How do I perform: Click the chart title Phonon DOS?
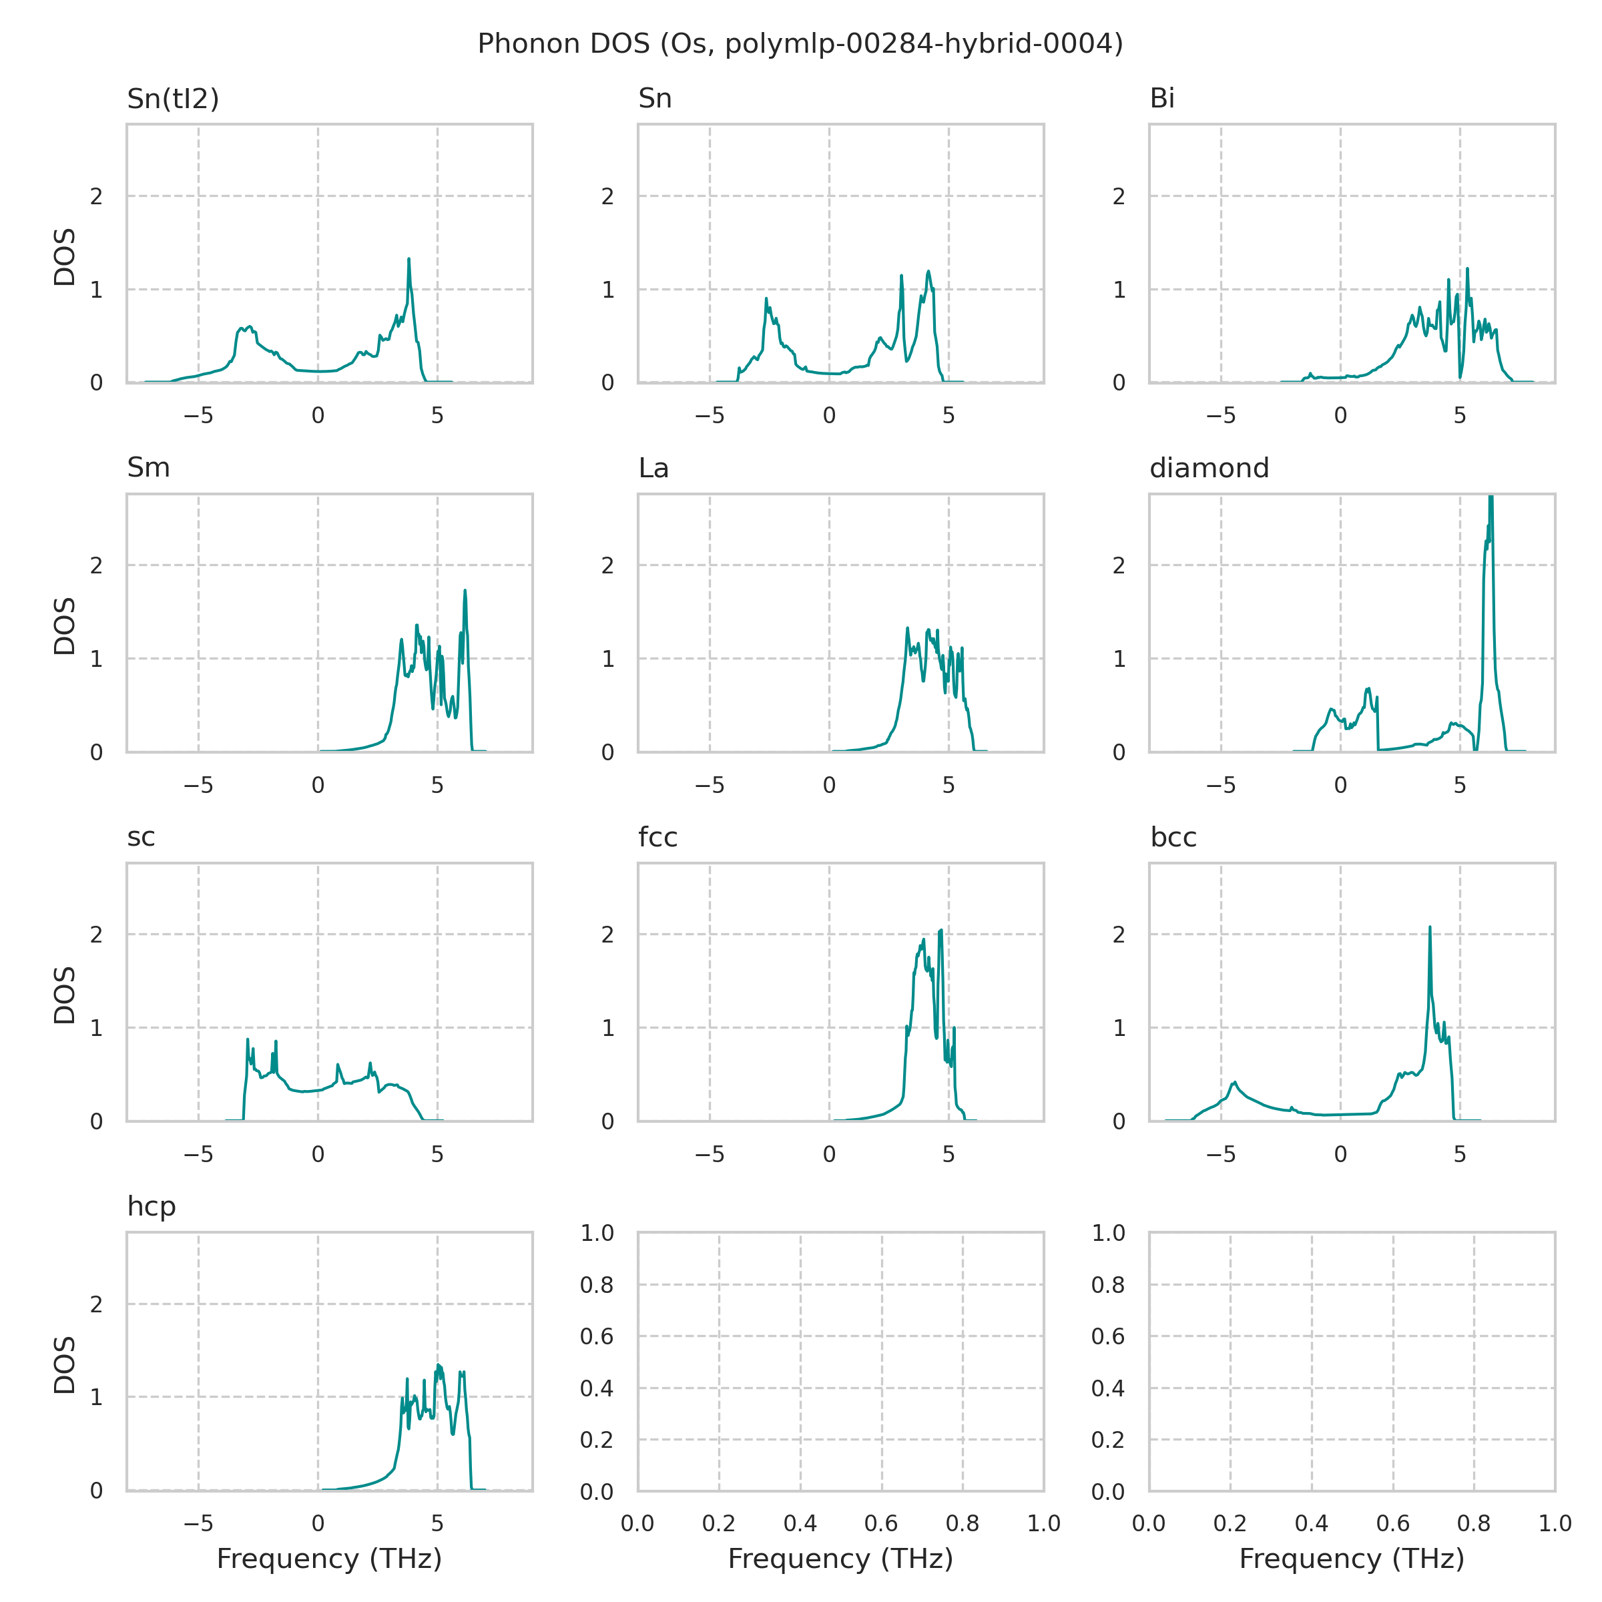[x=800, y=44]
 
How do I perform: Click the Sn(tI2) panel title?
[x=172, y=99]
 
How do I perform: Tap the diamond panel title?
[x=1209, y=469]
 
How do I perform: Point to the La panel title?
[x=653, y=469]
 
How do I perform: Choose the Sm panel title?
[x=148, y=469]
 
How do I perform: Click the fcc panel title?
[x=657, y=838]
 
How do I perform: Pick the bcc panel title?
[x=1173, y=838]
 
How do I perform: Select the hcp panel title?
[x=151, y=1206]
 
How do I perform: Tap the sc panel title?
[x=141, y=838]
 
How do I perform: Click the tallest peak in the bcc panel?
[x=1430, y=928]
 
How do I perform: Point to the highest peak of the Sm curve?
[x=465, y=591]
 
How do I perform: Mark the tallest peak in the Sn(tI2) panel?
[x=409, y=260]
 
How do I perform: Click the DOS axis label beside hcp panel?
[x=65, y=1365]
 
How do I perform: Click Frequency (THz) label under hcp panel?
[x=329, y=1559]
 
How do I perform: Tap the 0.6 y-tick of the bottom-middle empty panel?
[x=596, y=1336]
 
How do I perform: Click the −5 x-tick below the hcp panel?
[x=198, y=1523]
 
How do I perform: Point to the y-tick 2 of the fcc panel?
[x=608, y=934]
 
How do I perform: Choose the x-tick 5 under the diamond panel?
[x=1460, y=785]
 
